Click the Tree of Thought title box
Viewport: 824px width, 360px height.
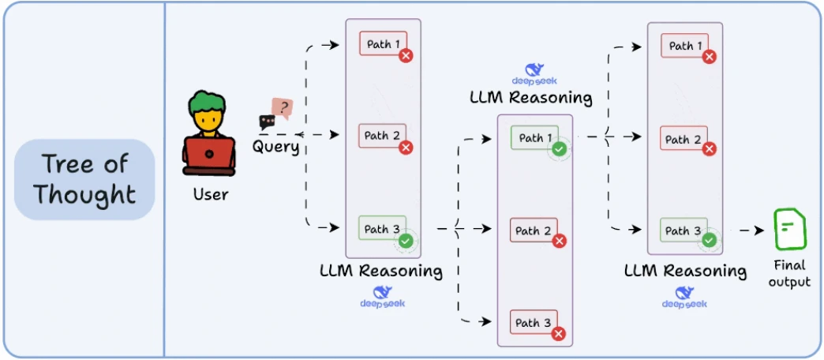(x=84, y=179)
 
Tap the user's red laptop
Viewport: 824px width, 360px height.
(x=208, y=155)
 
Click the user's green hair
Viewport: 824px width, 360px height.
(x=208, y=102)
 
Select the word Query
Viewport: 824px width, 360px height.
(x=275, y=147)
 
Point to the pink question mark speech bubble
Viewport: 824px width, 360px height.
(x=282, y=109)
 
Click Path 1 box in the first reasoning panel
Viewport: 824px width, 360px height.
(x=383, y=43)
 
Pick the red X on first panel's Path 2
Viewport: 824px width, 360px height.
(x=405, y=148)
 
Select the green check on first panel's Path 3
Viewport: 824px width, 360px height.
(x=405, y=242)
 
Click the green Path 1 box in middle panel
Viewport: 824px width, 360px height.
(x=534, y=137)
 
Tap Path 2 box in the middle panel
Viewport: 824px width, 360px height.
(x=533, y=231)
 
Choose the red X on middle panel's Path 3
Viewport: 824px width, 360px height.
(x=559, y=334)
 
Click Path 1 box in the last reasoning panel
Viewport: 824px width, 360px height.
(x=685, y=46)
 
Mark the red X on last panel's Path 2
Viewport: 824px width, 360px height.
(x=709, y=149)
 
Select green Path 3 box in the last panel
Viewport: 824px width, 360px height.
(x=684, y=231)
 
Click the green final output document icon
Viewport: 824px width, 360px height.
(x=789, y=230)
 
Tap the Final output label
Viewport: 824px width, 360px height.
(x=789, y=275)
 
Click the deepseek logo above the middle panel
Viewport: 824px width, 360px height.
(x=534, y=75)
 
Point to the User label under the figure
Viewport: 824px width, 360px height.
(x=211, y=194)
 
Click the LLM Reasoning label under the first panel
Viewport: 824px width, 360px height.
(x=381, y=271)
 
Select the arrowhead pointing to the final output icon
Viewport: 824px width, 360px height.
(x=758, y=231)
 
